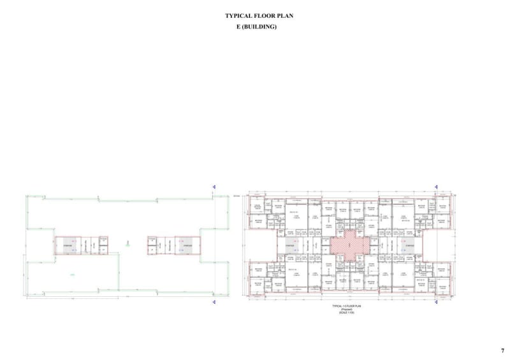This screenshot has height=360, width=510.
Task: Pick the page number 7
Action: pos(502,350)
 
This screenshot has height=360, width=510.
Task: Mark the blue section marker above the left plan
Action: pos(214,187)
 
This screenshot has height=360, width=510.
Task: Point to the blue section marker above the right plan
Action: pos(436,187)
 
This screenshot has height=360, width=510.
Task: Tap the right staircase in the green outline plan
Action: pos(187,245)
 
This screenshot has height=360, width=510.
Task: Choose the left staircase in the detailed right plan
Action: pos(286,245)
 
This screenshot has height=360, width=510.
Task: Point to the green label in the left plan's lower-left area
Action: pos(72,275)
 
